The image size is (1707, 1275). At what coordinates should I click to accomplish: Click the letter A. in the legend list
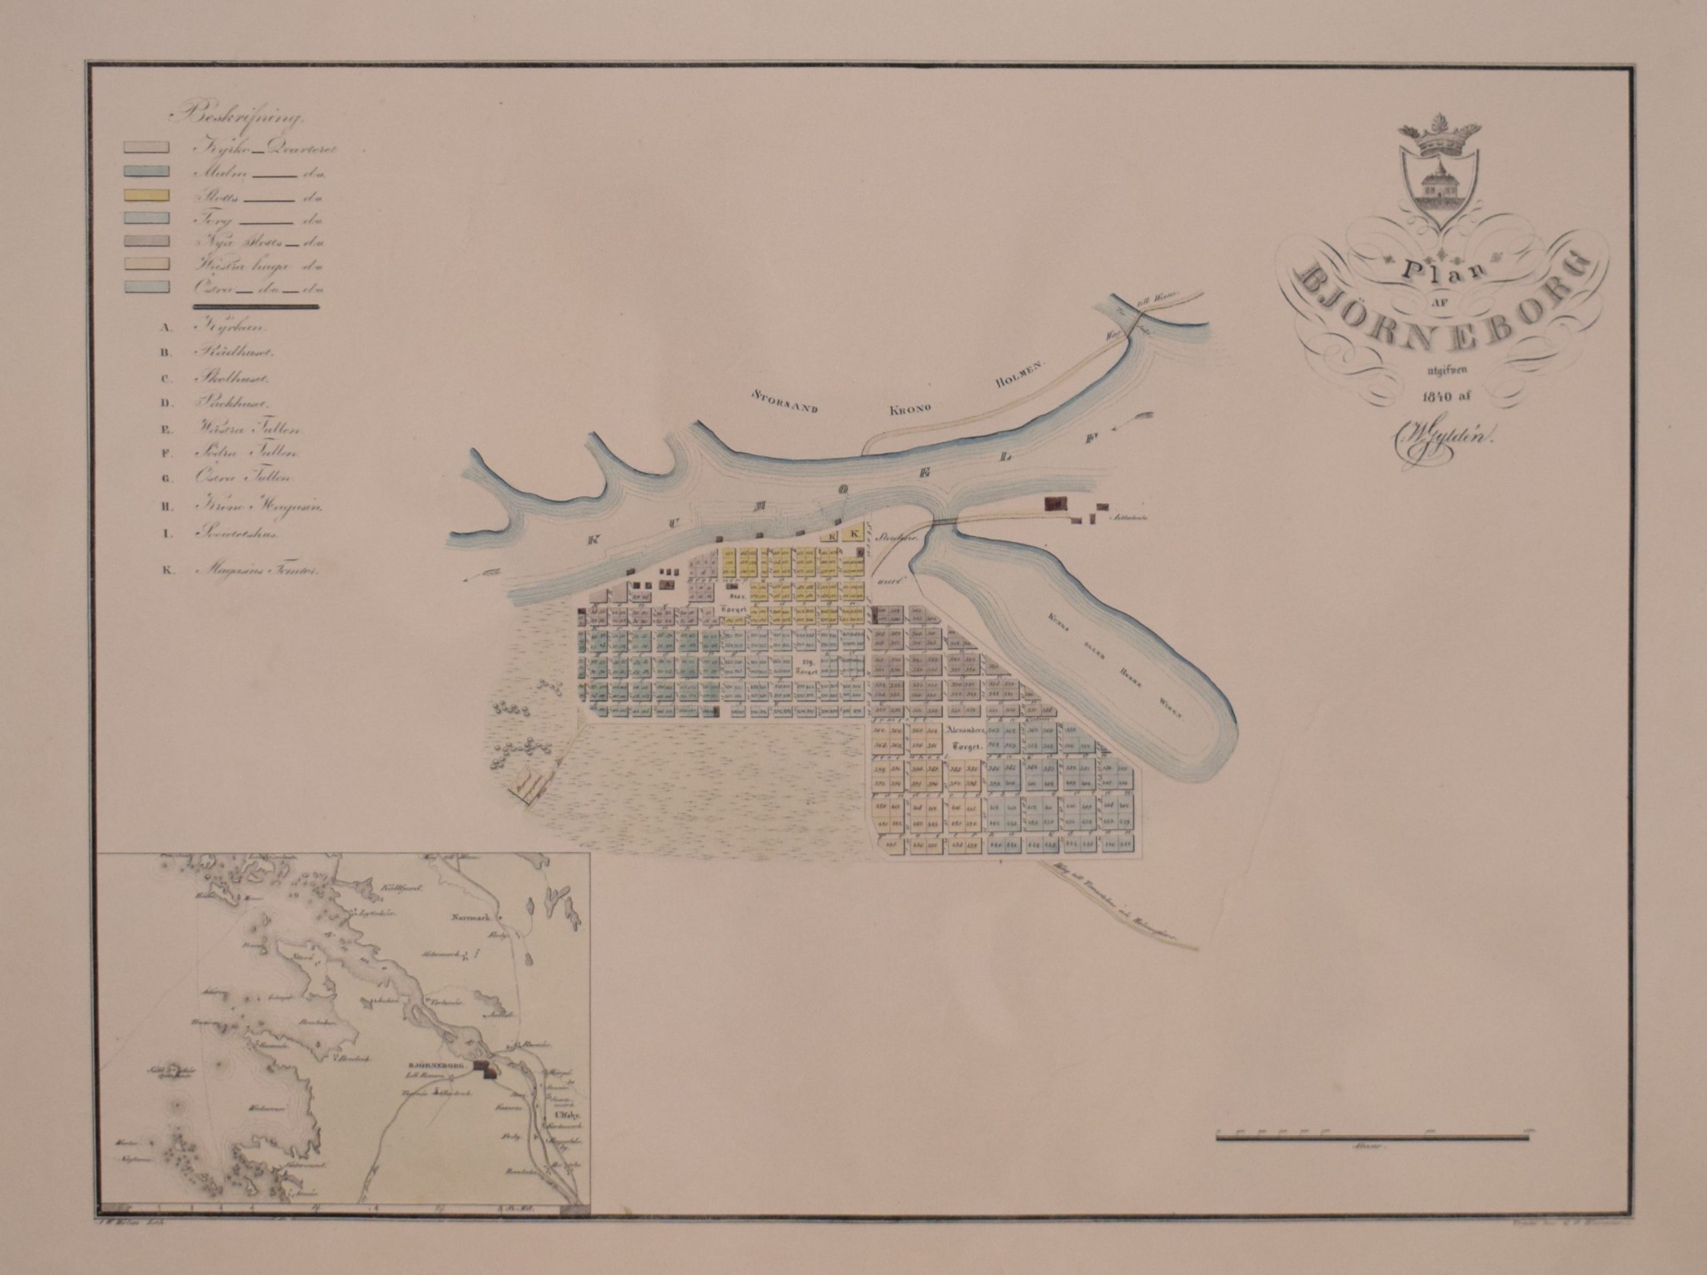(165, 326)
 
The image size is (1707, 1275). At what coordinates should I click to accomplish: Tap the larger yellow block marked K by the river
(853, 534)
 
